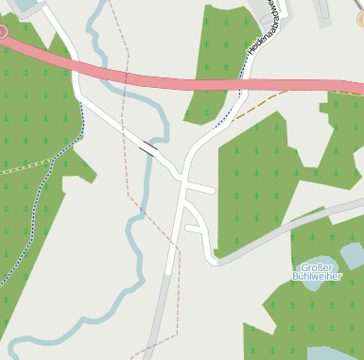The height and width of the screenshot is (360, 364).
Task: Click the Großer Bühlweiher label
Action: (x=316, y=272)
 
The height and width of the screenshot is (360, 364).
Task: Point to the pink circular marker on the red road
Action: (x=2, y=32)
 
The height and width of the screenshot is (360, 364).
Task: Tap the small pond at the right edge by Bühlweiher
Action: (x=352, y=255)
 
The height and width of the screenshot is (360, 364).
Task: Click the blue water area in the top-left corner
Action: (x=19, y=5)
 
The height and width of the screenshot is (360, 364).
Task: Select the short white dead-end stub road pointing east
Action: (x=201, y=190)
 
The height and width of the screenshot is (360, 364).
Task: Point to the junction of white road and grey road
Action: (x=216, y=258)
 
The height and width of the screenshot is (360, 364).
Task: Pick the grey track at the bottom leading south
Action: (x=163, y=321)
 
